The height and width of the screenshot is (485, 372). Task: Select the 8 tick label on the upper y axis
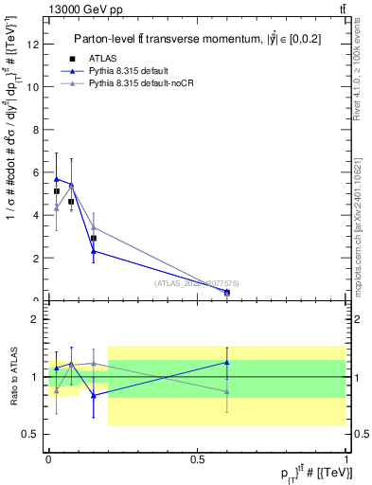point(36,129)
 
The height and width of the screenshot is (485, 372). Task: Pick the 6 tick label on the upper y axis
point(36,171)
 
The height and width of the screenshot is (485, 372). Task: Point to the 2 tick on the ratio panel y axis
point(36,319)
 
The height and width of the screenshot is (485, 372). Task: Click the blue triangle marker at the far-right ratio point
point(226,362)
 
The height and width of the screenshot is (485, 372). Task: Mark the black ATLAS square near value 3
point(93,239)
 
